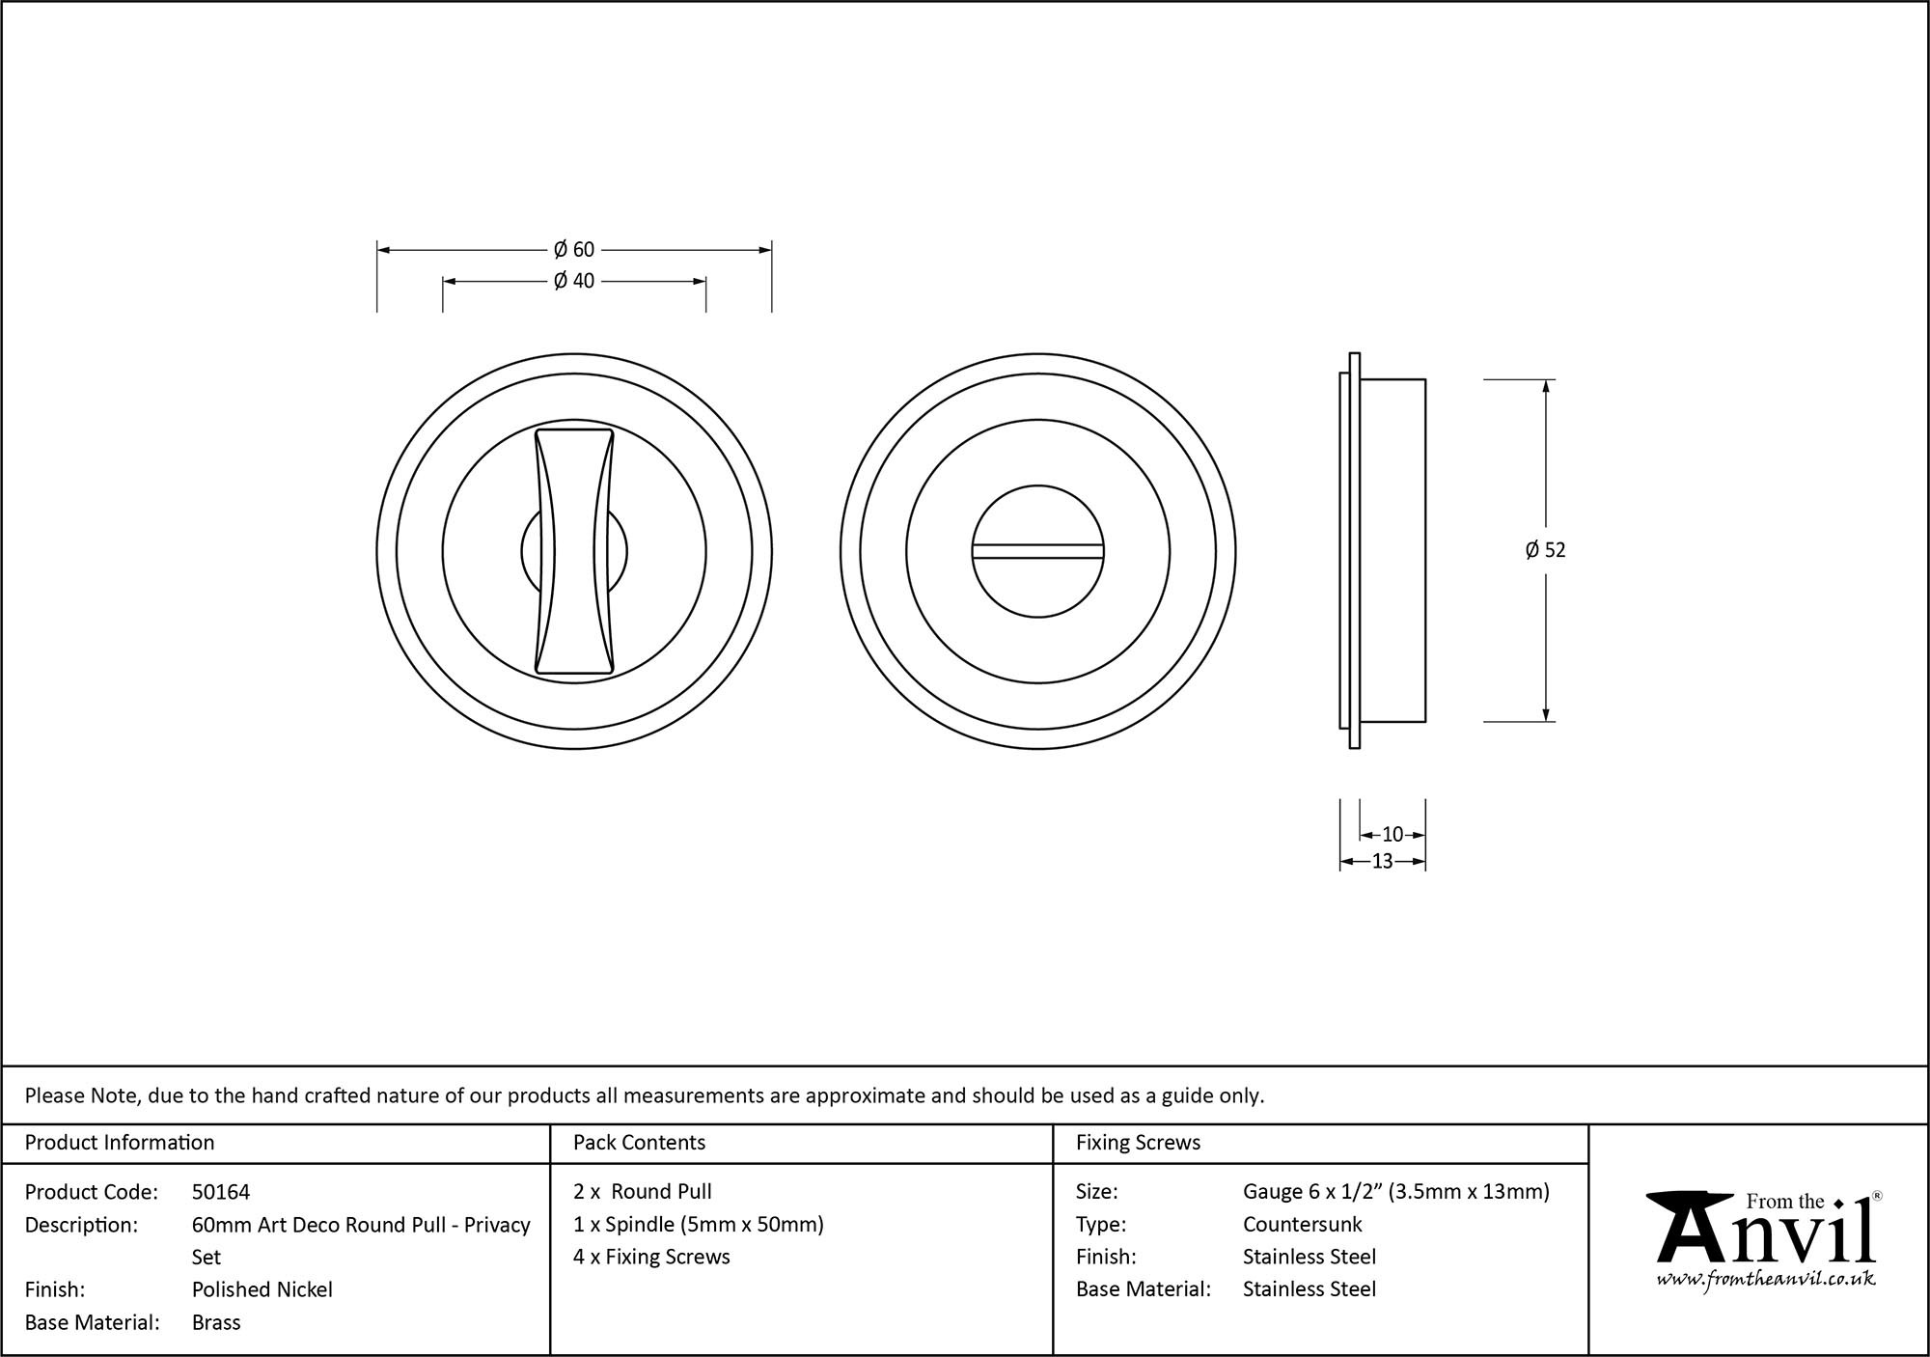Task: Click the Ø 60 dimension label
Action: click(574, 250)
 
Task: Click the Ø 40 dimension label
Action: click(574, 281)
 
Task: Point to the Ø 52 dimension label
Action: click(1545, 550)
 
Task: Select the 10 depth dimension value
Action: click(1392, 835)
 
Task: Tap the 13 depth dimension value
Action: click(1382, 862)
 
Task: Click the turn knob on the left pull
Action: click(574, 551)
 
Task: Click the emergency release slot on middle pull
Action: click(1037, 551)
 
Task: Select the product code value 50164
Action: click(221, 1192)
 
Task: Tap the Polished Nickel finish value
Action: click(262, 1289)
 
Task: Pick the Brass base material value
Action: click(216, 1322)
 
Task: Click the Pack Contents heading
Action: click(639, 1143)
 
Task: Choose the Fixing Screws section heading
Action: click(1138, 1143)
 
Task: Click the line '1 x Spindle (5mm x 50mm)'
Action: click(698, 1225)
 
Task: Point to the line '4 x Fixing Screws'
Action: click(651, 1257)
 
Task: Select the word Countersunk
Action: click(1302, 1225)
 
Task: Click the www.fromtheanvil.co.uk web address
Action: click(1766, 1279)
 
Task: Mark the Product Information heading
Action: click(120, 1143)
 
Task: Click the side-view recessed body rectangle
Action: click(1392, 550)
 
